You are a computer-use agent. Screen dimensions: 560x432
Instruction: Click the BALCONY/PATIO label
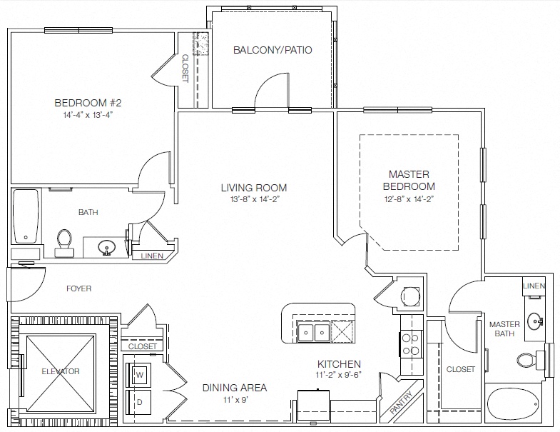click(273, 50)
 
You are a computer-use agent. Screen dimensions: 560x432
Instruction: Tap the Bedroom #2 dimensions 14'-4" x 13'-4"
click(88, 115)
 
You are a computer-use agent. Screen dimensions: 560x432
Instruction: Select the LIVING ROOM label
click(254, 188)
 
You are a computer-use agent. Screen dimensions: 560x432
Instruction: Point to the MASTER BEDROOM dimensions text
click(409, 199)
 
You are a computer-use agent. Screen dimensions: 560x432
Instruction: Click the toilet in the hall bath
click(65, 243)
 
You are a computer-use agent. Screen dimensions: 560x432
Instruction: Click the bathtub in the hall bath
click(26, 216)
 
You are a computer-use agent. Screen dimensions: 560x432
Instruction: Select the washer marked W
click(139, 374)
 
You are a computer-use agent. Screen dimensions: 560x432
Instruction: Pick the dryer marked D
click(139, 402)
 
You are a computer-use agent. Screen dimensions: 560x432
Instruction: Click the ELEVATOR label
click(61, 371)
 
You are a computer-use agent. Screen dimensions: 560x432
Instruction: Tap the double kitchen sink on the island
click(314, 332)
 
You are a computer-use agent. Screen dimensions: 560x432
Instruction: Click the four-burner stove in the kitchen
click(411, 344)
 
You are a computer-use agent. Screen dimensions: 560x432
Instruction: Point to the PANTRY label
click(401, 402)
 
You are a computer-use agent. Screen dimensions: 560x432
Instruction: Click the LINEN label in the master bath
click(534, 286)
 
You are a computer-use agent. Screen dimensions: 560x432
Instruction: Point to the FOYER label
click(79, 288)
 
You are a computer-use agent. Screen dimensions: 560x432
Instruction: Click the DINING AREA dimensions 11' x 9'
click(235, 399)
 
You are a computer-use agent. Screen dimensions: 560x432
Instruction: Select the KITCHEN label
click(340, 364)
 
